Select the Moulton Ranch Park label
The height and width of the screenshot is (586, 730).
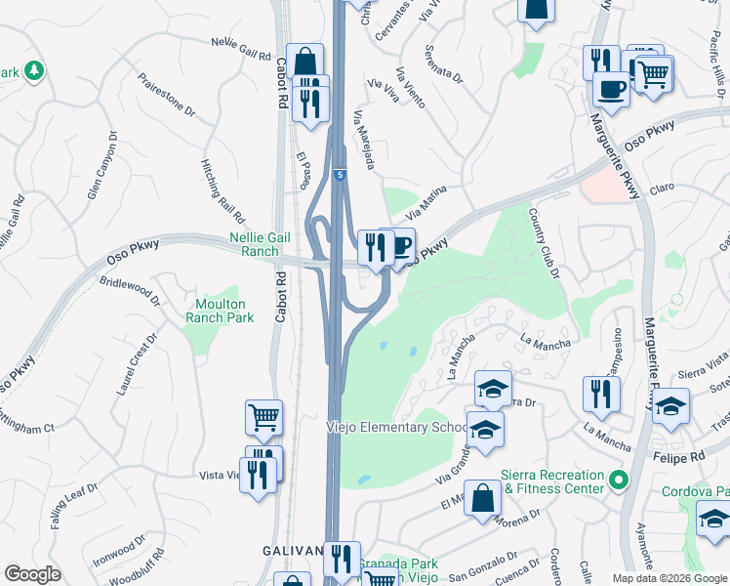(x=222, y=311)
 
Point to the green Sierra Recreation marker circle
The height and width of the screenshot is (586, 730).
(x=617, y=481)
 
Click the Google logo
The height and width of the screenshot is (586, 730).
(x=33, y=574)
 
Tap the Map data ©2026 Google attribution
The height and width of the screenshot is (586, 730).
(x=669, y=578)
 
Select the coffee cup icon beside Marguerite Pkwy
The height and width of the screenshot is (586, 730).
(x=611, y=89)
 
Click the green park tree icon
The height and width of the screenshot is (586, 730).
(x=34, y=70)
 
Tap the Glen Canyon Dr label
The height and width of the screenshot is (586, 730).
(x=102, y=166)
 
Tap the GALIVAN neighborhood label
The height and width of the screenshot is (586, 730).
(x=292, y=551)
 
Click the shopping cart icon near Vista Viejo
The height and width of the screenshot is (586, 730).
(x=264, y=417)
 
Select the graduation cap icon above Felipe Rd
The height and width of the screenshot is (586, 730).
(x=670, y=405)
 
